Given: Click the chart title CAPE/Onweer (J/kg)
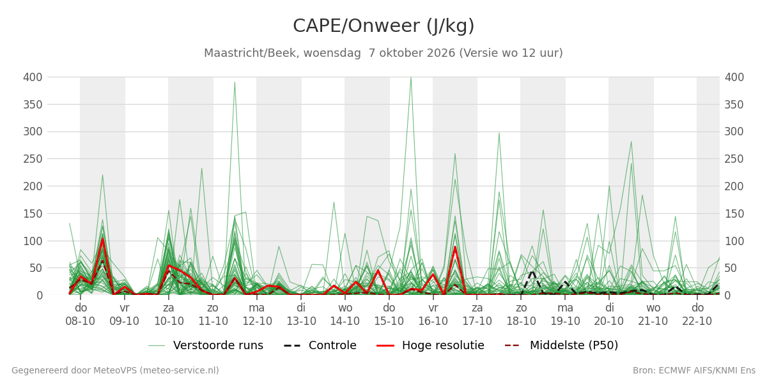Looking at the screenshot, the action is point(383,26).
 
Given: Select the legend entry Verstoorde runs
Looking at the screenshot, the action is point(206,345).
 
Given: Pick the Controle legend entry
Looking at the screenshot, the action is point(320,345).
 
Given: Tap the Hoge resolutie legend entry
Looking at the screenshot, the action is point(430,345).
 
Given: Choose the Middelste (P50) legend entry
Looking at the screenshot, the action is point(562,345).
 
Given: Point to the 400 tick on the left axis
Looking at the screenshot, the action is point(33,77).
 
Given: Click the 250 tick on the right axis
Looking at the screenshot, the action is point(734,159).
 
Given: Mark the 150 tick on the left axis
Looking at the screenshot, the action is point(33,214).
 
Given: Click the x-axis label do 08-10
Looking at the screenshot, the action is point(81,315).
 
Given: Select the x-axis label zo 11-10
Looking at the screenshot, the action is point(213,315).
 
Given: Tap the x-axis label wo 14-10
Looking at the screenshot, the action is point(345,315).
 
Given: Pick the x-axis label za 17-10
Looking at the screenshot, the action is point(477,315).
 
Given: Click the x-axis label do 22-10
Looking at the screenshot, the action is point(697,315).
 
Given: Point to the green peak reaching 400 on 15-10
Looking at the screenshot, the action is point(411,78).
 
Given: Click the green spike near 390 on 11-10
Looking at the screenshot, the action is point(235,82).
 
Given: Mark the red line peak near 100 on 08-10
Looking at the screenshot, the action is point(102,239).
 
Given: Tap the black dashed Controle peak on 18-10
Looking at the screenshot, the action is point(532,272).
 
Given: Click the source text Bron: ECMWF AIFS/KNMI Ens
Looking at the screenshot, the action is point(694,371).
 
